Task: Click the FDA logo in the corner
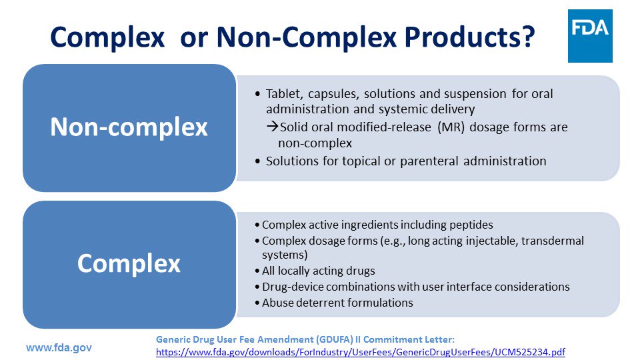pos(590,36)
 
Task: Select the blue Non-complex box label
pos(129,127)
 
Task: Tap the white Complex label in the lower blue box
pos(129,263)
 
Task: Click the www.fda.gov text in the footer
pos(59,348)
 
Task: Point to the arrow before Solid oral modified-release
pos(273,127)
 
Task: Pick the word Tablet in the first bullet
pos(283,94)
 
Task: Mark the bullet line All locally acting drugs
pos(318,271)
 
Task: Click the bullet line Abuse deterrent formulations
pos(337,303)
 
